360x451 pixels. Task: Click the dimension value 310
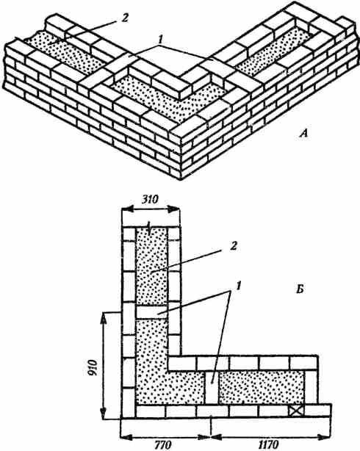coord(150,199)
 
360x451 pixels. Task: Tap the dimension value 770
coord(165,445)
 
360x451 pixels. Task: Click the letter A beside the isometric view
coord(303,134)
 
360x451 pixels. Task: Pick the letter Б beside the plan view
coord(300,290)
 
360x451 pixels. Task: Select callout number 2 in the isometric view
coord(124,18)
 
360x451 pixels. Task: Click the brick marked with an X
coord(296,411)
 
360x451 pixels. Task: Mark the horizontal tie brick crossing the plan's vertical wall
coord(151,312)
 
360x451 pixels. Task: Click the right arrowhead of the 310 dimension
coord(174,209)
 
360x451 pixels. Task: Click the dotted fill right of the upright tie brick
coord(262,387)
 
